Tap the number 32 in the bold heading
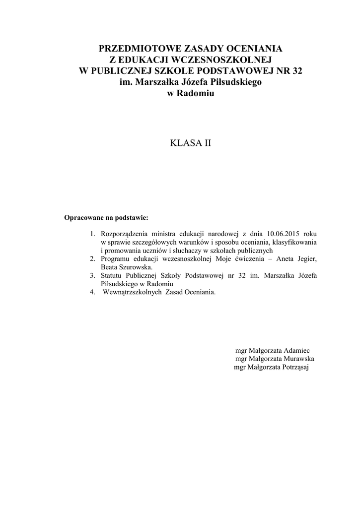click(297, 70)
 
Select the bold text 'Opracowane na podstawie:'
click(107, 217)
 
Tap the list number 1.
click(92, 233)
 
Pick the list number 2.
click(92, 258)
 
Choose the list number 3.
click(92, 275)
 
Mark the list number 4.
click(92, 292)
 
